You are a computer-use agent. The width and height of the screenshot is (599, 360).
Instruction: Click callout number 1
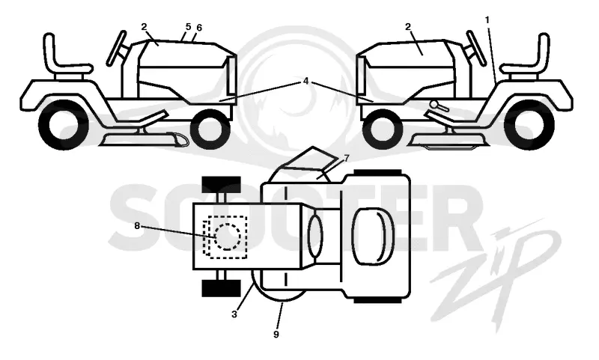click(487, 20)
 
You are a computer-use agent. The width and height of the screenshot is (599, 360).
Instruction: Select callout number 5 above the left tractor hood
click(188, 27)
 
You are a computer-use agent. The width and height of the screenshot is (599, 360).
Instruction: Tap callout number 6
click(198, 28)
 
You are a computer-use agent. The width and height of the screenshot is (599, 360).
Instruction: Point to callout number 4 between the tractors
click(305, 82)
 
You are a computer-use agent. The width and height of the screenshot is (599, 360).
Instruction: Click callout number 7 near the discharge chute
click(347, 158)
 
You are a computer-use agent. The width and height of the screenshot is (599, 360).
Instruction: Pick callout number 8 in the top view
click(137, 226)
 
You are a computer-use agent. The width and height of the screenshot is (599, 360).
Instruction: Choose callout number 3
click(234, 314)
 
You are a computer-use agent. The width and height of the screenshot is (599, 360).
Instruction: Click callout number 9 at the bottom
click(276, 335)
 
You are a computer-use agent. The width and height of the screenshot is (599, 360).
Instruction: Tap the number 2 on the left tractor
click(144, 27)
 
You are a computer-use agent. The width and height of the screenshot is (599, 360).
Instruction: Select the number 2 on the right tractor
click(408, 27)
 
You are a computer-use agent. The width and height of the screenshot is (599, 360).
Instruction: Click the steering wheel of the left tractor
click(117, 48)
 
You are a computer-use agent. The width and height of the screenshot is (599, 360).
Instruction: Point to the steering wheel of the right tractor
click(476, 48)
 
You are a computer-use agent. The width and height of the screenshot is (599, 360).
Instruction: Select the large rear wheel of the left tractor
click(64, 124)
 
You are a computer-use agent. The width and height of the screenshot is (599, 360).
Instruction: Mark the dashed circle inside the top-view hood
click(228, 237)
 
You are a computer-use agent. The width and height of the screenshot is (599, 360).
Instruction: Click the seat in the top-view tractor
click(372, 237)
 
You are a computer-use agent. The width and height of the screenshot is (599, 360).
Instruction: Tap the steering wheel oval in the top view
click(314, 236)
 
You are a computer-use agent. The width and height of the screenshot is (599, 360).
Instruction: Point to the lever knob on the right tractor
click(434, 104)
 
